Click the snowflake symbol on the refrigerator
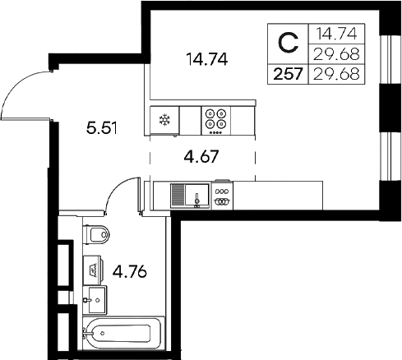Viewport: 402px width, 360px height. pos(164,120)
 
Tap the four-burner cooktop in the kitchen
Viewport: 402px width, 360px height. pos(217,119)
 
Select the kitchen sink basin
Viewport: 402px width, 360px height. pos(197,196)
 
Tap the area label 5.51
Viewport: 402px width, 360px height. pos(102,127)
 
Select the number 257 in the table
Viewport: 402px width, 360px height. pos(287,72)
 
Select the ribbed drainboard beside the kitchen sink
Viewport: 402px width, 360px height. pos(178,196)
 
